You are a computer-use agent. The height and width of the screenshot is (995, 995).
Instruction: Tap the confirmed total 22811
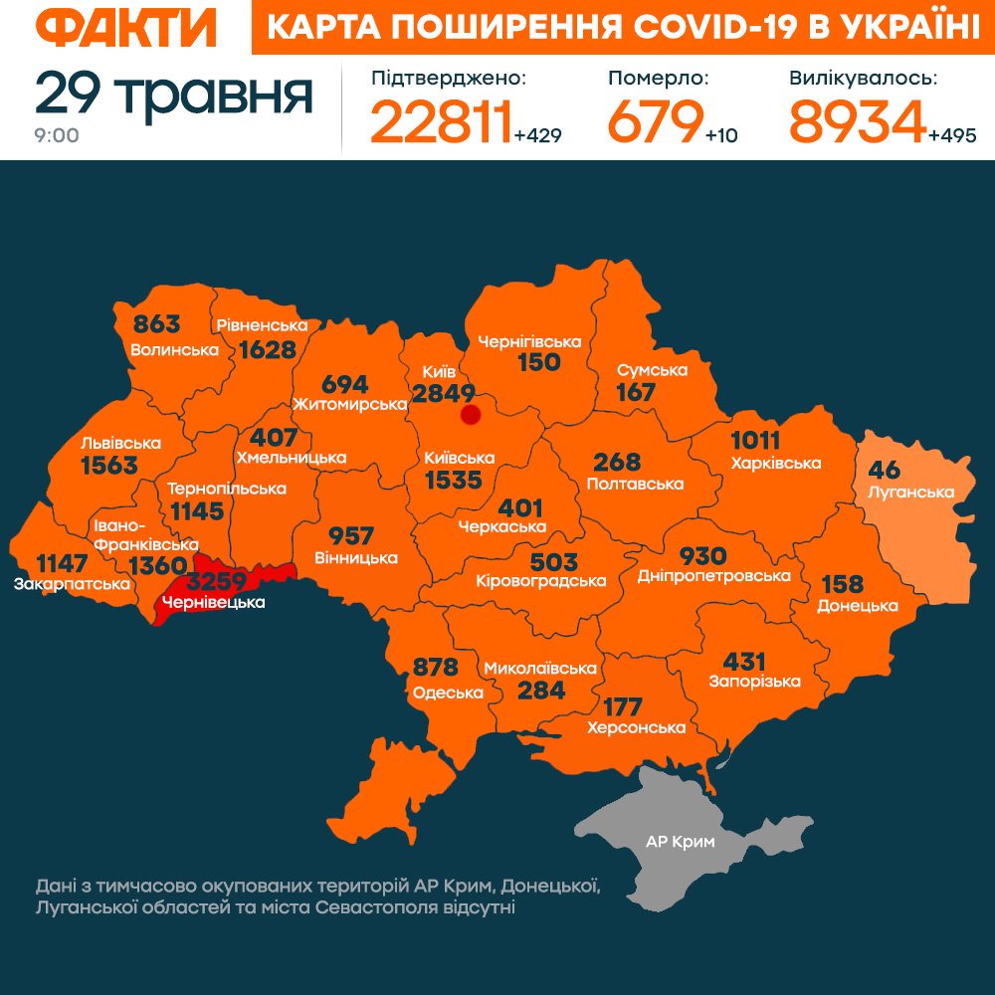441,122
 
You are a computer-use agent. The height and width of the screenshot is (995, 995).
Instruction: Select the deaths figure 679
654,122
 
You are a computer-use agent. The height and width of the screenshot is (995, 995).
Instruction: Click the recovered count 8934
857,122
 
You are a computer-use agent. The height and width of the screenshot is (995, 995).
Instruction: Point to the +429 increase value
538,135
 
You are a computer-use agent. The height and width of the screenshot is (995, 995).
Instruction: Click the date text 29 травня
174,94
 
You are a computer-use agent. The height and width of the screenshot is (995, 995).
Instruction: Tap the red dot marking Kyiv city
471,414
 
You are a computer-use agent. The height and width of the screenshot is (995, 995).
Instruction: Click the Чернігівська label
529,341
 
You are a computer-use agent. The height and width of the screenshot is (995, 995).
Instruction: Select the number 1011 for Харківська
756,441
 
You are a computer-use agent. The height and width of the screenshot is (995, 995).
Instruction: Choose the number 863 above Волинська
157,324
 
